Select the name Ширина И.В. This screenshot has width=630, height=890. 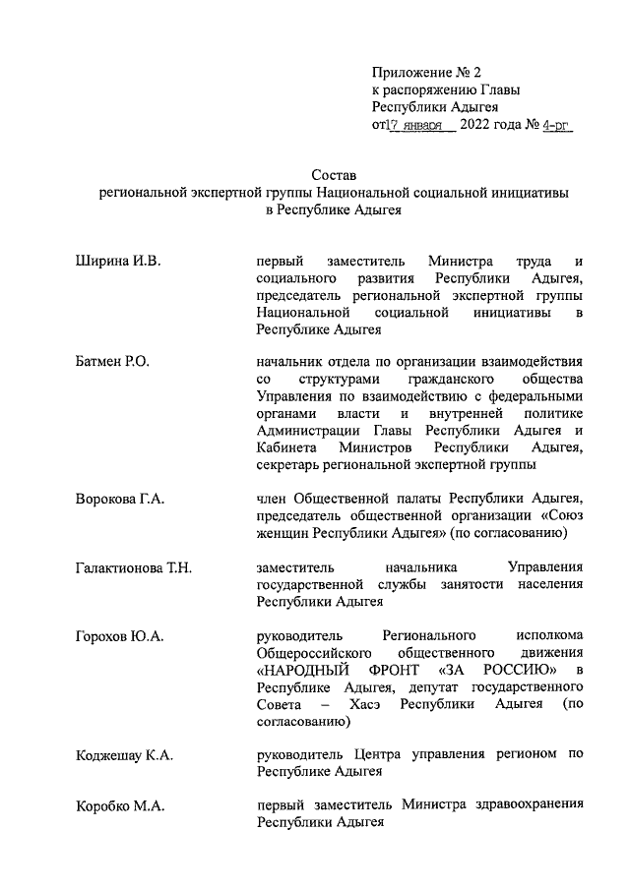coord(117,261)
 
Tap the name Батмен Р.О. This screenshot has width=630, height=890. coord(112,363)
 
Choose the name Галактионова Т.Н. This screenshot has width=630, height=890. coord(133,567)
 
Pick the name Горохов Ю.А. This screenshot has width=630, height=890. coord(119,636)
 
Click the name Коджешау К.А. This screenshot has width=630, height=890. coord(124,755)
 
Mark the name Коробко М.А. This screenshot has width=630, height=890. coord(120,806)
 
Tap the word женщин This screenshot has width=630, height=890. coord(282,533)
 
